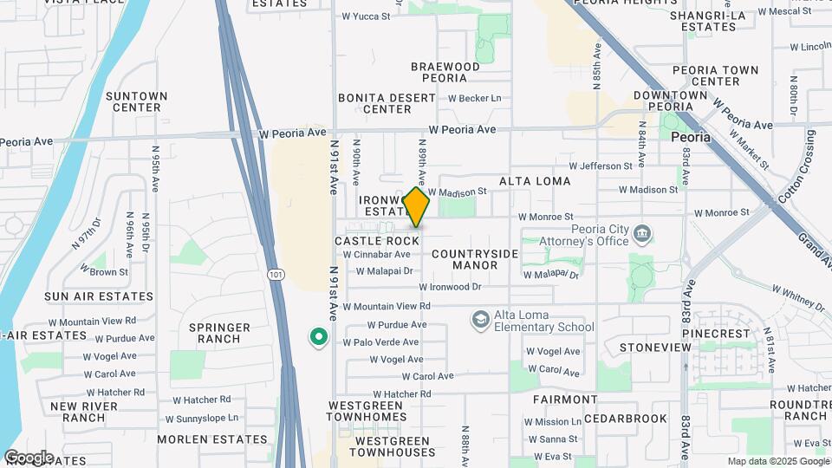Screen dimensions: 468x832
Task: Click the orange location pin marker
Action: pos(416,208)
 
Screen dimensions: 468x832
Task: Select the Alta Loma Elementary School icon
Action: pos(479,321)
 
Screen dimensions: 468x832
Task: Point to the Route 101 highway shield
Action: pos(275,275)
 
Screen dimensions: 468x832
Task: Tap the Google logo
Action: pos(29,457)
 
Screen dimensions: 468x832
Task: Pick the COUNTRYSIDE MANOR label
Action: pos(475,259)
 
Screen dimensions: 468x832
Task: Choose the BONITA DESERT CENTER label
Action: pos(387,103)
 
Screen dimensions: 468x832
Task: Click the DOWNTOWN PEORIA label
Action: pos(670,101)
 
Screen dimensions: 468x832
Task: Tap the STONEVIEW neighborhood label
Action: pos(655,348)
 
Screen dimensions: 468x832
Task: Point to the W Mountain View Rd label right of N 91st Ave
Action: pos(387,306)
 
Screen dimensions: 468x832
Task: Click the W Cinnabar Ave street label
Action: pos(376,255)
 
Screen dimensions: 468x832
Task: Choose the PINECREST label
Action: pos(716,333)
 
